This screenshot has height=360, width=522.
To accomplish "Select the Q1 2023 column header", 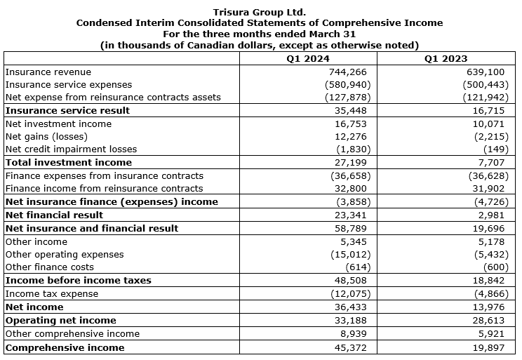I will coord(446,59).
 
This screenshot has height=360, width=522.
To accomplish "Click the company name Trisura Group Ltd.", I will coord(260,12).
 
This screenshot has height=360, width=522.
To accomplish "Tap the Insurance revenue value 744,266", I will coord(347,72).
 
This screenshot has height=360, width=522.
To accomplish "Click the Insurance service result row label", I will coord(67,110).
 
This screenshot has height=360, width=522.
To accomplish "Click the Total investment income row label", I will coord(69,162).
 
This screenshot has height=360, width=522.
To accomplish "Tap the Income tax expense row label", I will coord(52,294).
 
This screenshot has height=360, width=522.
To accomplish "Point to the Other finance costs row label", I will coord(49,267).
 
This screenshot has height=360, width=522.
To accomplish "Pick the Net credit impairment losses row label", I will coord(71,149).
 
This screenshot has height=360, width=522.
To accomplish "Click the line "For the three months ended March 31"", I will coord(260,34).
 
